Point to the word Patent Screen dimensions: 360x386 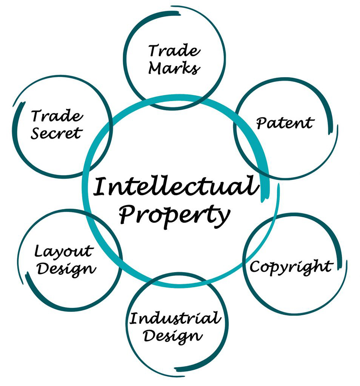click(x=285, y=123)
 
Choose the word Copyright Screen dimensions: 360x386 click(x=292, y=267)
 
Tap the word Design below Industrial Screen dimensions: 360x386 click(x=173, y=337)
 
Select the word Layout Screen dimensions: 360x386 click(x=64, y=252)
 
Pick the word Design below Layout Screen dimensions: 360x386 click(x=66, y=269)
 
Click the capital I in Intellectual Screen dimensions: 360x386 click(x=100, y=186)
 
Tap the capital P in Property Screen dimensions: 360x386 click(x=128, y=214)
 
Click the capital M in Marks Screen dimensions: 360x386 click(x=157, y=68)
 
